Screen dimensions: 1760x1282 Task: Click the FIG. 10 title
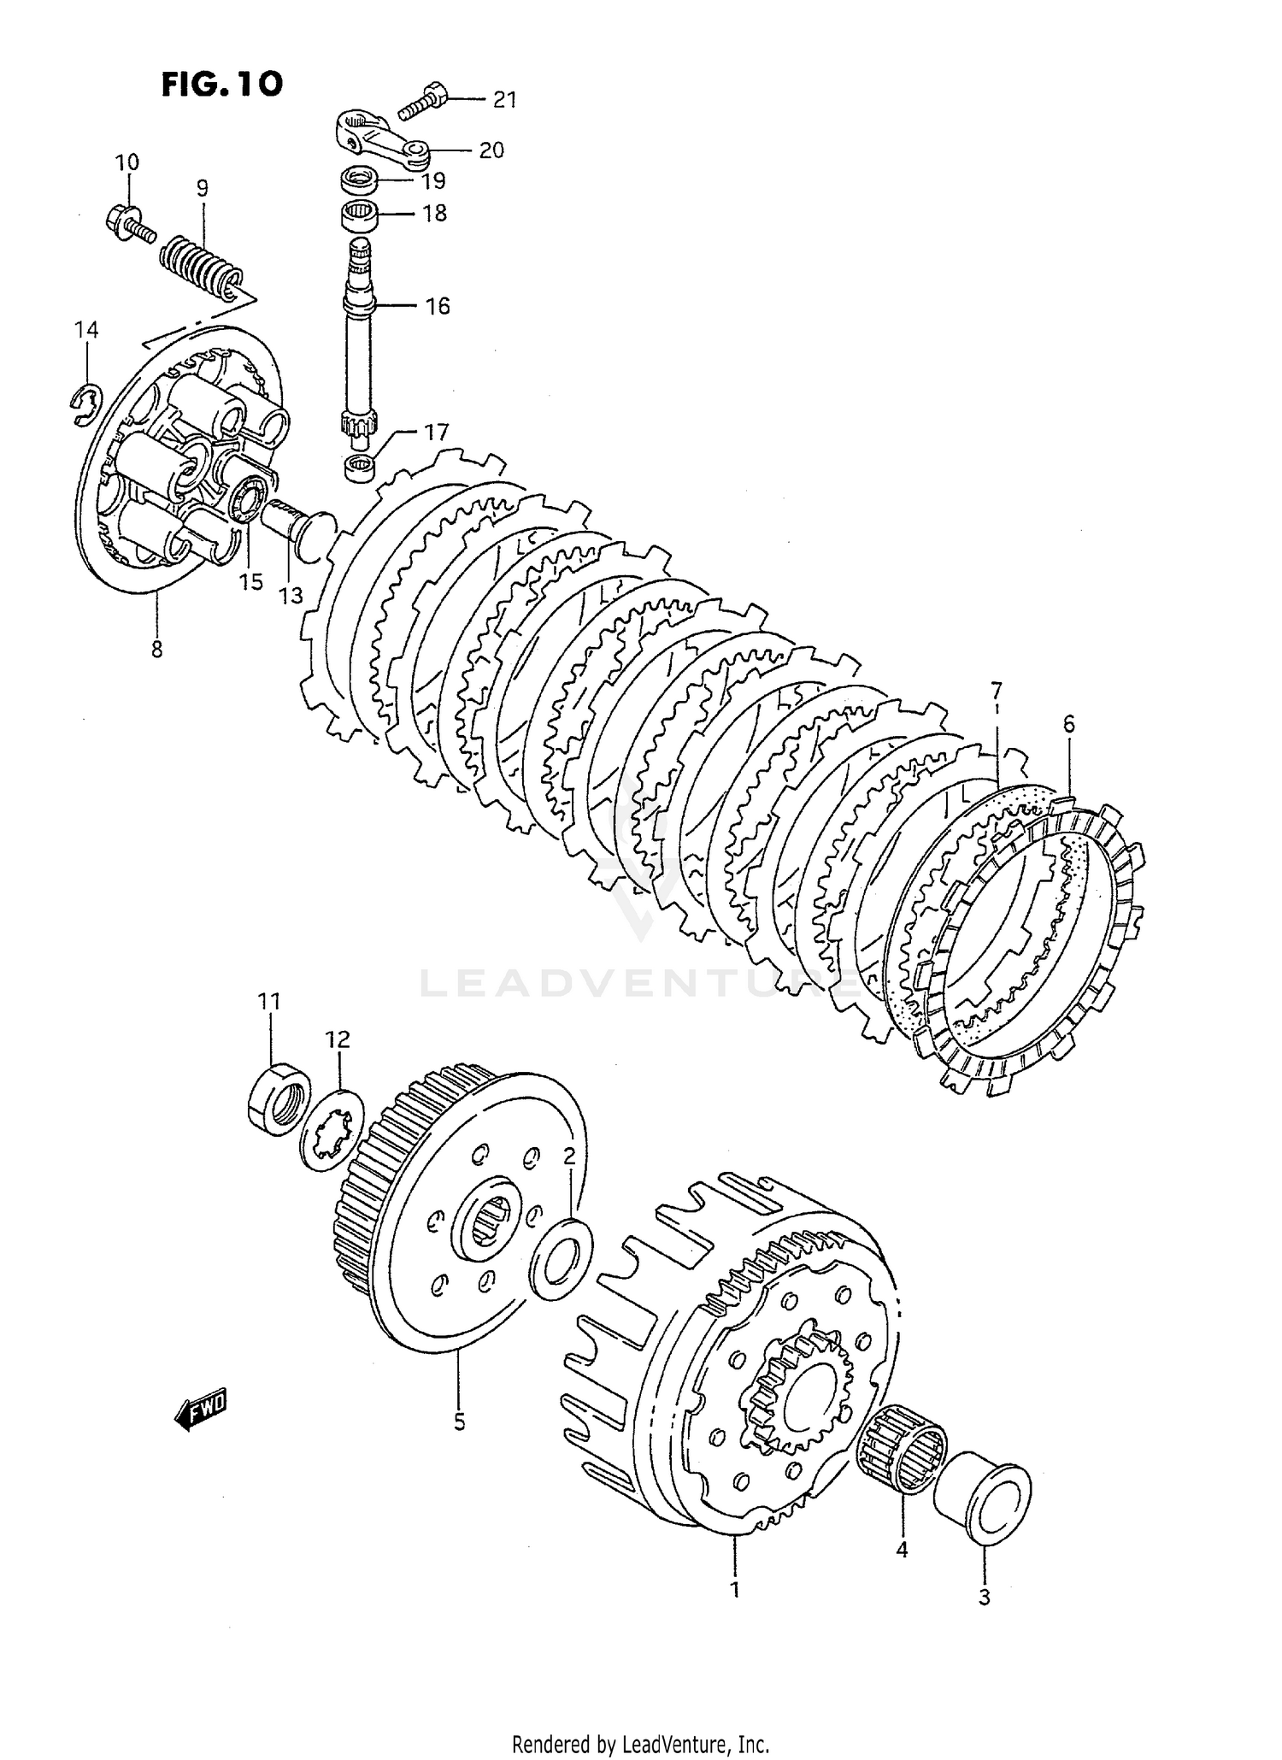tap(221, 84)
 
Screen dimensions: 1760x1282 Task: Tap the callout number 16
tap(438, 306)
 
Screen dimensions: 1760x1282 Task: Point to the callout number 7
tap(996, 690)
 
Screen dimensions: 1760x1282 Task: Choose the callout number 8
tap(156, 650)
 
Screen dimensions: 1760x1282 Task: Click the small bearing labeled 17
tap(360, 468)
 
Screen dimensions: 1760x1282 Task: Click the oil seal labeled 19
tap(360, 180)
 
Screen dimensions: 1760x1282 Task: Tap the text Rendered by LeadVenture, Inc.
tap(641, 1743)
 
